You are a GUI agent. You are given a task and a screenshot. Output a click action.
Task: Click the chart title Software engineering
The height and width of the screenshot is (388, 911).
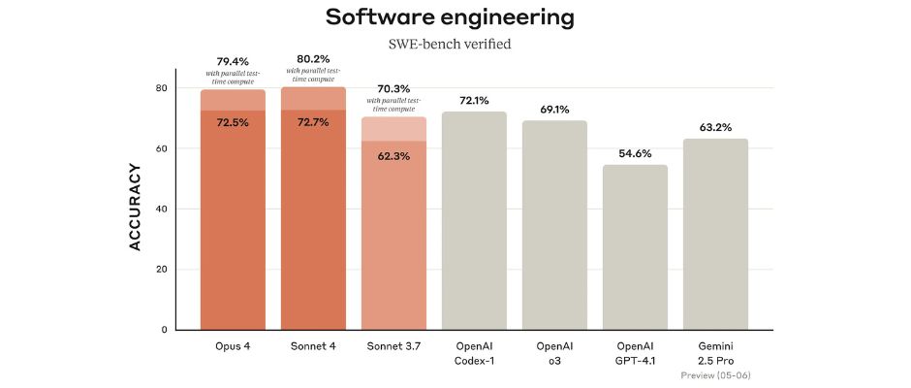tap(450, 16)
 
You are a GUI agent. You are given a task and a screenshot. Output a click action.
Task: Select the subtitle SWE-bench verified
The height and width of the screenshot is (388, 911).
tap(450, 44)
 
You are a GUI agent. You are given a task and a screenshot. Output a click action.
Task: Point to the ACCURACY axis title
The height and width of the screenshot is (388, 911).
tap(136, 207)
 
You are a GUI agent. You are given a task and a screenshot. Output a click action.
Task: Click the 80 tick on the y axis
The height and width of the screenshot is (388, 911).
tap(161, 88)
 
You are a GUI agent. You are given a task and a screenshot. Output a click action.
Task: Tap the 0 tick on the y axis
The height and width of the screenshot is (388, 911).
tap(164, 330)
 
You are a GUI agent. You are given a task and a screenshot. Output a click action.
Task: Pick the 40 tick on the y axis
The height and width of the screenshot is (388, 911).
tap(161, 210)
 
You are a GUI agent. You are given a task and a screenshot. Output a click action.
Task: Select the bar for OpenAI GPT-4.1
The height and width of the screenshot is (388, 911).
tap(635, 247)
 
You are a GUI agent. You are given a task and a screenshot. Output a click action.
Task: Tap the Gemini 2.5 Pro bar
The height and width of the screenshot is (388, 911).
tap(715, 234)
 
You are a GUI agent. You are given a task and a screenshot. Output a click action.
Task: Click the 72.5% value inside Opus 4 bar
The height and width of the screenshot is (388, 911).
tap(233, 123)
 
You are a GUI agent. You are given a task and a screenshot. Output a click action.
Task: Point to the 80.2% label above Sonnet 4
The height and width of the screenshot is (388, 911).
tap(313, 59)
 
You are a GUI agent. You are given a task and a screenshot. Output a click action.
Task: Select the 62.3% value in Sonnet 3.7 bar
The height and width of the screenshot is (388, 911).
tap(393, 155)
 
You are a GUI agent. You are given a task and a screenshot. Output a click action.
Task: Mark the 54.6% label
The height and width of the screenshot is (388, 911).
tap(635, 153)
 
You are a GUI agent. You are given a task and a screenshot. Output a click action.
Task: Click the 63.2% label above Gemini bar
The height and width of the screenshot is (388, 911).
tap(715, 126)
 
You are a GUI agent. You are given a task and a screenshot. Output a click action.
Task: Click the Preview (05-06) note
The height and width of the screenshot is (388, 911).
tap(715, 375)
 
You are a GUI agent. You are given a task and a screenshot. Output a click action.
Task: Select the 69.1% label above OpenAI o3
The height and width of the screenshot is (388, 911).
tap(554, 109)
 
